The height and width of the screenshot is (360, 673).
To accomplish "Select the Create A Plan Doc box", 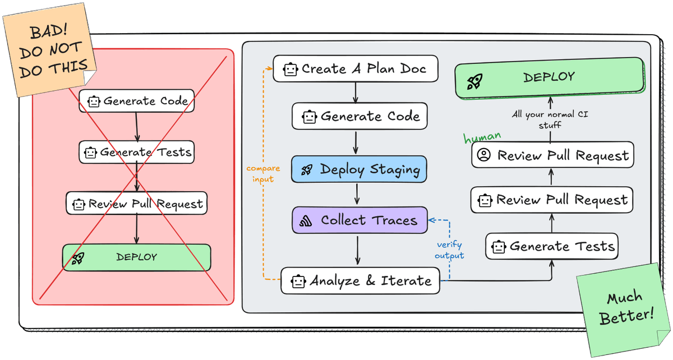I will coord(355,69).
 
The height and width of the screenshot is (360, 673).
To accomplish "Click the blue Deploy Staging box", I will coord(359,169).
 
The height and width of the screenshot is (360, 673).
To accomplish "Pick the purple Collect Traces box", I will coord(359,220).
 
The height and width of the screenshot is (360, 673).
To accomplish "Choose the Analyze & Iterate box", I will coord(359,281).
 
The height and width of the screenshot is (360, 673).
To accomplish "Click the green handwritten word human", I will coord(482,137).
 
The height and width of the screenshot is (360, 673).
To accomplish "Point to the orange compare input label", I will coord(260,173).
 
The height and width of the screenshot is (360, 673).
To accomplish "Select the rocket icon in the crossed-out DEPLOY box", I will coord(77,258).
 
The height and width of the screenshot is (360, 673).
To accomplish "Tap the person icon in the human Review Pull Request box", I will coord(483,155).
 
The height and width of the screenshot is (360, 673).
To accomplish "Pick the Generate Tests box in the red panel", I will coord(137,152).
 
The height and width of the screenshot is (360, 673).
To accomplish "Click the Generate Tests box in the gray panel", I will coord(552,246).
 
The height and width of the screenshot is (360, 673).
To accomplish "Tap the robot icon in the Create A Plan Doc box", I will coord(289,70).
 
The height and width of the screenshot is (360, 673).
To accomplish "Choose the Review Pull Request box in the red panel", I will coord(136,203).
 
